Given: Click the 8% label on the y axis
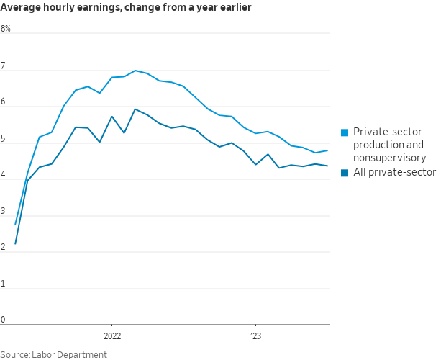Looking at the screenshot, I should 6,29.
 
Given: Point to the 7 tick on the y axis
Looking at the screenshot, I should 3,66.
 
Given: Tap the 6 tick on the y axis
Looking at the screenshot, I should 3,102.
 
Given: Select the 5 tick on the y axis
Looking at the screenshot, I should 3,139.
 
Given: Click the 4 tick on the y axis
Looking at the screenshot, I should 3,175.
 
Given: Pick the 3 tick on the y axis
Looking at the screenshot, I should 3,212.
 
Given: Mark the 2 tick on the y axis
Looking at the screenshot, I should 3,248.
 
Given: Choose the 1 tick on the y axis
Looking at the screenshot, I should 3,284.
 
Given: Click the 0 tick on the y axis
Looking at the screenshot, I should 3,320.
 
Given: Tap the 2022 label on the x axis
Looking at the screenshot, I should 112,336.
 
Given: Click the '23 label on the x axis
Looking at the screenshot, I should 255,336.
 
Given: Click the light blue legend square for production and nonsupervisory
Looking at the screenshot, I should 345,132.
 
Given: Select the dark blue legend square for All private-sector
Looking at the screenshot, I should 345,173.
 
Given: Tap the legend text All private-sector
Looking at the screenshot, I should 394,172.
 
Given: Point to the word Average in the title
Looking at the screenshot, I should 19,8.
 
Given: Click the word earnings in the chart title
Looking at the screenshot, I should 88,8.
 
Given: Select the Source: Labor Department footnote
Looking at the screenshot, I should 53,354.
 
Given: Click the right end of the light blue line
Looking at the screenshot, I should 327,150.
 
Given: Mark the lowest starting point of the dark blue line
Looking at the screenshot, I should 15,244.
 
